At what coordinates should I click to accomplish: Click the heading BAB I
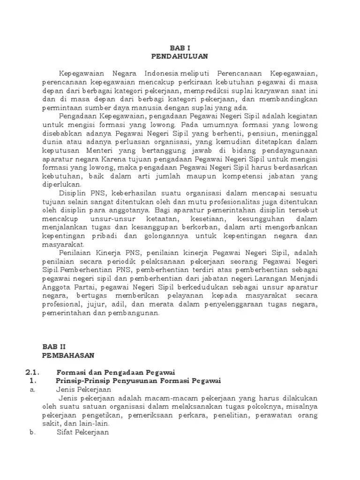[180, 47]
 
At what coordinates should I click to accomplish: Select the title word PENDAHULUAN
[180, 56]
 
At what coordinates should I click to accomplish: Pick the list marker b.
[32, 433]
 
